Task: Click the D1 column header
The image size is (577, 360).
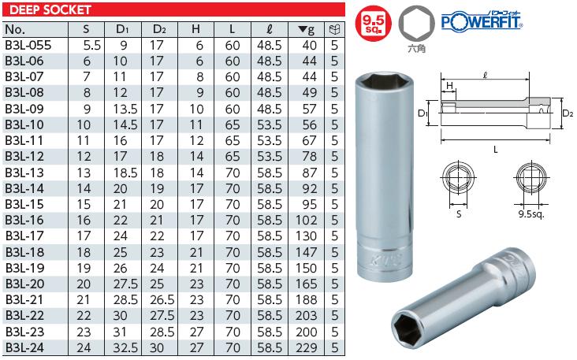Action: tap(122, 29)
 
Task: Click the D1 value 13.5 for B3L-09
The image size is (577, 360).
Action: tap(122, 109)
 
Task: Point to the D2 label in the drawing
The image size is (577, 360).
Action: tap(567, 113)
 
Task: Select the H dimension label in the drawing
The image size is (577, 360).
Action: tap(449, 85)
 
